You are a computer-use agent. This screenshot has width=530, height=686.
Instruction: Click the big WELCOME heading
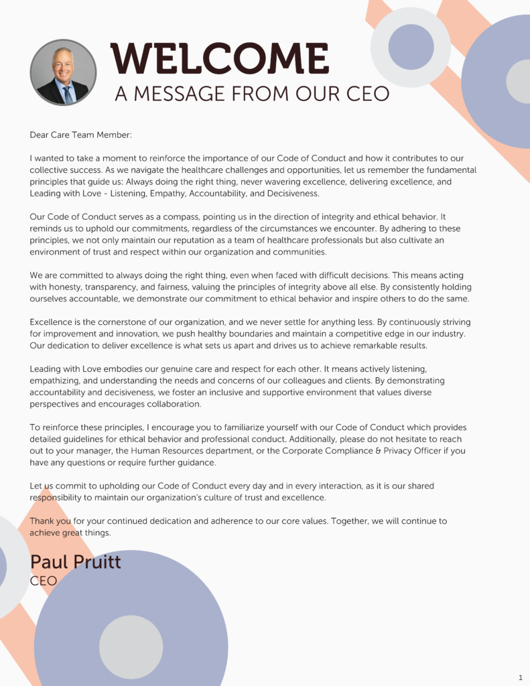point(220,59)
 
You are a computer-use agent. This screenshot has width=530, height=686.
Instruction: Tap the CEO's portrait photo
point(63,72)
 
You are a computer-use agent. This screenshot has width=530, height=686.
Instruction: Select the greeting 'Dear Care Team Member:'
point(80,135)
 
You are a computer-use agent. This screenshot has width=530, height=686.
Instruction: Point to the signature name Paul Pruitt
point(76,561)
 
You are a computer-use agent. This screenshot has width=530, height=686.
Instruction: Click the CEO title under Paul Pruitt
point(44,581)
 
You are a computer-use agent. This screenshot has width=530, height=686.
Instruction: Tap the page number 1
point(521,677)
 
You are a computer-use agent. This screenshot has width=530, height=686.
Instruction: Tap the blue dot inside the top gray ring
point(411,47)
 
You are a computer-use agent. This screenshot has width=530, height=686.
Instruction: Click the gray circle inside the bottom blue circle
point(131,647)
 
